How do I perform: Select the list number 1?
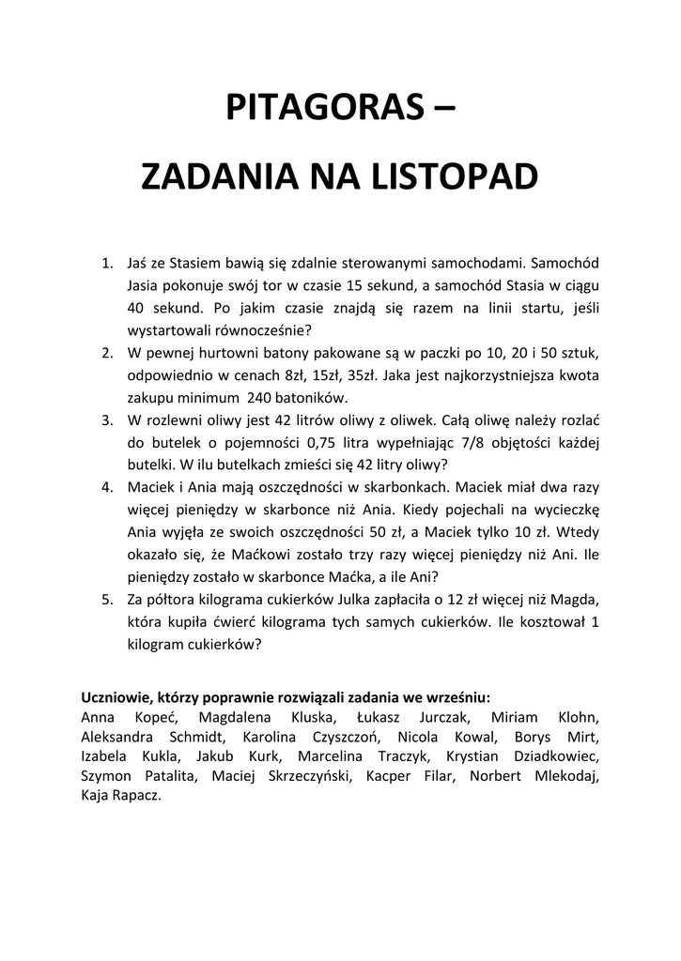pyautogui.click(x=106, y=264)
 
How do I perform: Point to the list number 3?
pyautogui.click(x=106, y=419)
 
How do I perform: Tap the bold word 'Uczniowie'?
pyautogui.click(x=114, y=697)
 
